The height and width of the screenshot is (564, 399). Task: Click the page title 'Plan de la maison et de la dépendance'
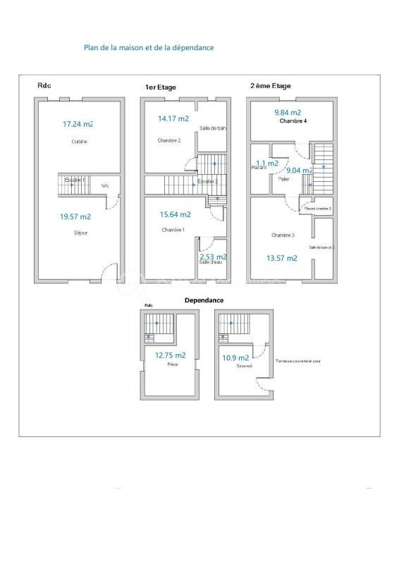tap(149, 48)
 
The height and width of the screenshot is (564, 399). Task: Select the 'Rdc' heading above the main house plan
tap(44, 86)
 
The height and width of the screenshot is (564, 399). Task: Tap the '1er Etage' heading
tap(160, 87)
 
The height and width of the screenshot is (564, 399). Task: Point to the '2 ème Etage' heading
tap(270, 86)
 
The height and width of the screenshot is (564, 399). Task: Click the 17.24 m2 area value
tap(78, 124)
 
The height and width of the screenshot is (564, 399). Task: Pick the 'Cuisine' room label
tap(79, 142)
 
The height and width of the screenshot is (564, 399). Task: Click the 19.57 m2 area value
tap(75, 217)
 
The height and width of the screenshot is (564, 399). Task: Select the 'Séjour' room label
tap(80, 233)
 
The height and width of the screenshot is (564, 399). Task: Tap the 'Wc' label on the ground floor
tap(104, 186)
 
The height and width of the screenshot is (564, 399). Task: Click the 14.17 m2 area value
tap(173, 119)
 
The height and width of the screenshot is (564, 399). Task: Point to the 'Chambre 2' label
tap(169, 141)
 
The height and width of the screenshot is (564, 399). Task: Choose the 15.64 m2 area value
tap(175, 214)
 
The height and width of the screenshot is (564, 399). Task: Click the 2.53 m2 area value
tap(212, 257)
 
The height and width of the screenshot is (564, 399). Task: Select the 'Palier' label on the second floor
tap(284, 179)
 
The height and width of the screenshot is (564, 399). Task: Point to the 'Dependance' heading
tap(204, 300)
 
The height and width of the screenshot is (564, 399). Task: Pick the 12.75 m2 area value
tap(171, 355)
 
